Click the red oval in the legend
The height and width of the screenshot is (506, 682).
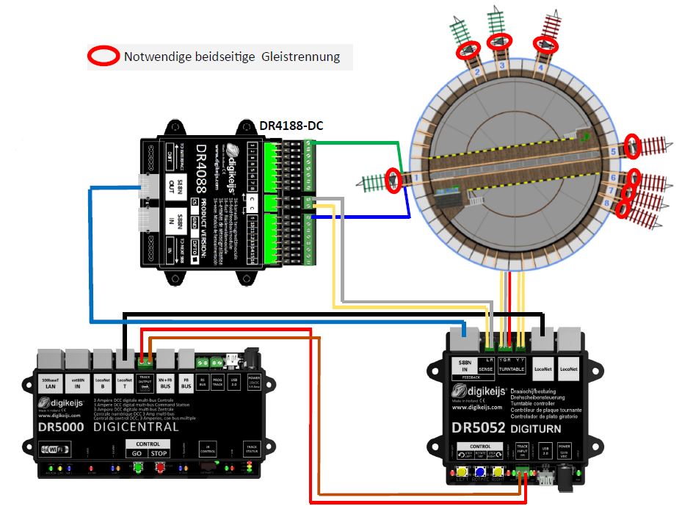tap(103, 57)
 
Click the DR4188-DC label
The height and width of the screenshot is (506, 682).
tap(291, 126)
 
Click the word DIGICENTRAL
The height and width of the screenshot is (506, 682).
tap(137, 426)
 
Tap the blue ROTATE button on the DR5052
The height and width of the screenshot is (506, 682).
tap(482, 473)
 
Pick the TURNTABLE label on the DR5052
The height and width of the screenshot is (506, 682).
tap(512, 369)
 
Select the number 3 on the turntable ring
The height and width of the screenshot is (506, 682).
tap(503, 66)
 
